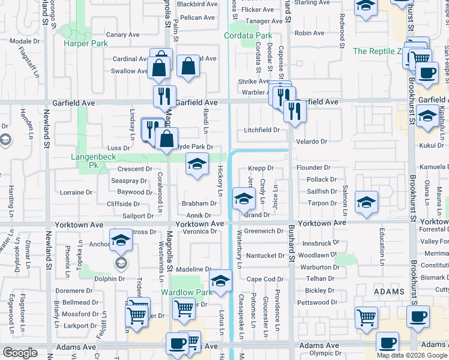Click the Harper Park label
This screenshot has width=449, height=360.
click(x=86, y=44)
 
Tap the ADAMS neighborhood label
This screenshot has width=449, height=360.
click(x=390, y=291)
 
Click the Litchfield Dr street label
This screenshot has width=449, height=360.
click(x=262, y=130)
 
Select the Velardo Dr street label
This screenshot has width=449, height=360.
click(x=311, y=142)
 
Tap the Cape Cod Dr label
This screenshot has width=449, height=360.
click(x=265, y=279)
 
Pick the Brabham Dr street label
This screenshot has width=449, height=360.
click(x=199, y=203)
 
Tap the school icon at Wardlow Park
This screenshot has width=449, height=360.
click(x=220, y=281)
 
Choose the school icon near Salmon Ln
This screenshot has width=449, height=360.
click(x=366, y=202)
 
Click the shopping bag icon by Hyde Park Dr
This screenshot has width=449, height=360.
click(x=166, y=139)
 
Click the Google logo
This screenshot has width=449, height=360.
click(x=20, y=353)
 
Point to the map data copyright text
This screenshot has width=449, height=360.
click(x=411, y=355)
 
